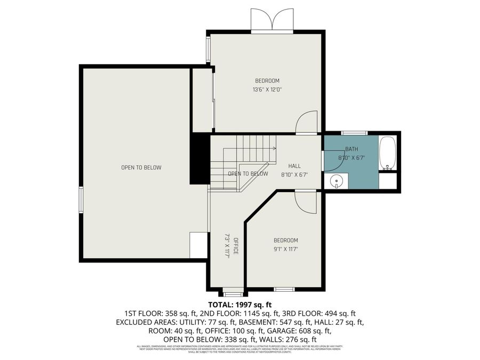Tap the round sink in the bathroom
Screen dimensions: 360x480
point(336,182)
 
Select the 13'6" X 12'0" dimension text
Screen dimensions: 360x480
point(267,90)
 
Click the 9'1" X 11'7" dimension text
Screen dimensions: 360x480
point(286,249)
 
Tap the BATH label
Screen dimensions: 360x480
point(351,149)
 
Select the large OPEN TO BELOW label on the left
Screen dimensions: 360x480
point(141,167)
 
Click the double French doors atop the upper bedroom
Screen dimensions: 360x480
point(272,21)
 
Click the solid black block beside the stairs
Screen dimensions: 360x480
point(200,159)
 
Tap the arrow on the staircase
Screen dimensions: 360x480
point(273,148)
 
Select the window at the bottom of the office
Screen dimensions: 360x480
point(232,293)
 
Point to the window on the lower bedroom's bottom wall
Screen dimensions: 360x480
point(284,289)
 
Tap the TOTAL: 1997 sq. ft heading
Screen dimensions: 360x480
point(240,305)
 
